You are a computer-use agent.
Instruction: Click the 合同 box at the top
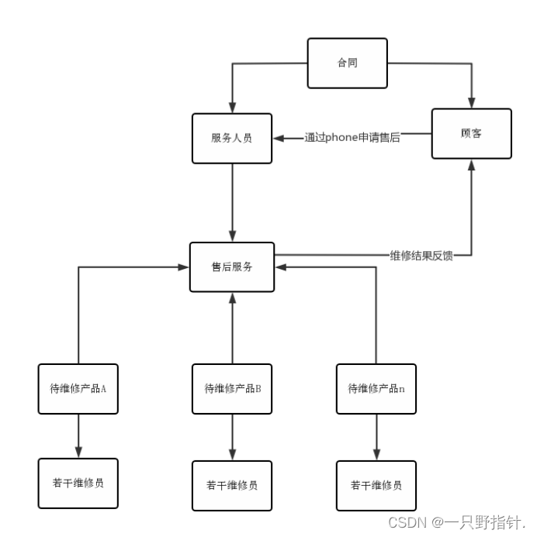pyautogui.click(x=347, y=63)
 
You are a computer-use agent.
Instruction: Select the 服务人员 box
pyautogui.click(x=232, y=138)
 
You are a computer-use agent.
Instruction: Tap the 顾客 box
pyautogui.click(x=471, y=133)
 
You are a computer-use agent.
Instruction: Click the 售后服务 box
pyautogui.click(x=232, y=267)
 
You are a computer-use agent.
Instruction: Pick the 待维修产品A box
pyautogui.click(x=78, y=388)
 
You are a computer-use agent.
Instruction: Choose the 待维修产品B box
pyautogui.click(x=232, y=388)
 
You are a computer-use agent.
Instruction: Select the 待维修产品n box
pyautogui.click(x=376, y=388)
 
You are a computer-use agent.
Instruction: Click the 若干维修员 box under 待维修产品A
pyautogui.click(x=78, y=483)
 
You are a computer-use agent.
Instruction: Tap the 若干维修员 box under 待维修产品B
pyautogui.click(x=232, y=486)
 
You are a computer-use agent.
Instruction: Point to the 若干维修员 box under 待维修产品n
pyautogui.click(x=376, y=485)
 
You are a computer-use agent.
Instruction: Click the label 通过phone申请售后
pyautogui.click(x=352, y=139)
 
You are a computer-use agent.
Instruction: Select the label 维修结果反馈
pyautogui.click(x=421, y=256)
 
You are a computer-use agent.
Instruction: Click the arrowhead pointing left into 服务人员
pyautogui.click(x=279, y=139)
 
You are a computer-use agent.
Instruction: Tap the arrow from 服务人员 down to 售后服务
pyautogui.click(x=232, y=201)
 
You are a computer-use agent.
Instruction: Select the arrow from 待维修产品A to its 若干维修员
pyautogui.click(x=78, y=436)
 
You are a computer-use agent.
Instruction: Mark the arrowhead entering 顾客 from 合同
pyautogui.click(x=471, y=102)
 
